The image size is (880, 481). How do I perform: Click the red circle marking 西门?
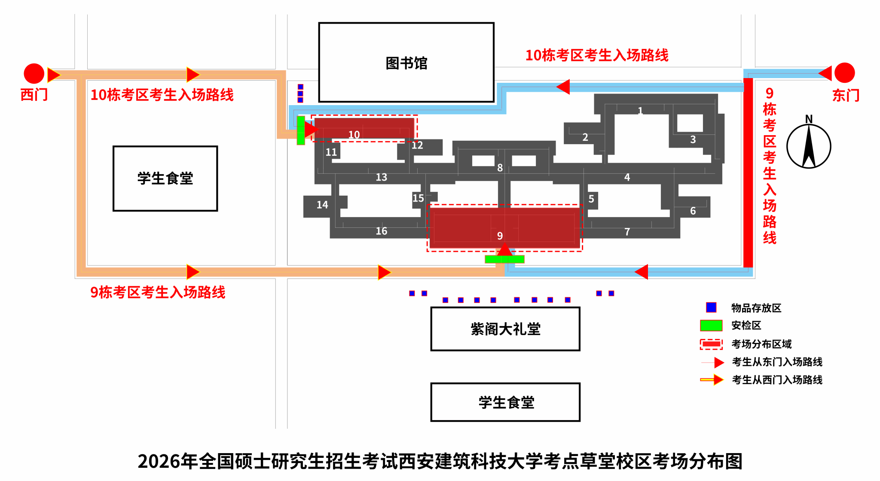point(34,73)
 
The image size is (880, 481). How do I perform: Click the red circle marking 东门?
point(844,73)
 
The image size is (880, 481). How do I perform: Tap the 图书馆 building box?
point(406,63)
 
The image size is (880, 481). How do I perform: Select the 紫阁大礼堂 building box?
point(505,329)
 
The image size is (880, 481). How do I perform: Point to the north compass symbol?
point(809,146)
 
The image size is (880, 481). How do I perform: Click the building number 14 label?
point(322,205)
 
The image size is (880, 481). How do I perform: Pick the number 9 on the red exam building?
point(500,236)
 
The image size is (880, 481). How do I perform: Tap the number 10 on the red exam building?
point(354,135)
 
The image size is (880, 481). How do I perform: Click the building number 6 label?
point(693,211)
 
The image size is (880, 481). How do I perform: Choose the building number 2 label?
point(585,137)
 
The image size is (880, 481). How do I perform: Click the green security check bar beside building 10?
point(301,130)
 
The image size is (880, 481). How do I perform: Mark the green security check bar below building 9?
point(504,259)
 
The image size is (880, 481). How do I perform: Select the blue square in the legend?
point(711,308)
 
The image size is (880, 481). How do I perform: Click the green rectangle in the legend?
point(711,326)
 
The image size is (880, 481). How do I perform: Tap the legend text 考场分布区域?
point(761,344)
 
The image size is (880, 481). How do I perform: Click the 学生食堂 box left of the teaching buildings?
point(165,178)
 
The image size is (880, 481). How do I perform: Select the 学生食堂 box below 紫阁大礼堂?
point(505,402)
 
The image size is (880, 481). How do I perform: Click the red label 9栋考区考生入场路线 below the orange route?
point(158,292)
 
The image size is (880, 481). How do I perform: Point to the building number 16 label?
point(381,231)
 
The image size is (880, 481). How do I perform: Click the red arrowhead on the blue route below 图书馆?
point(563,87)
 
